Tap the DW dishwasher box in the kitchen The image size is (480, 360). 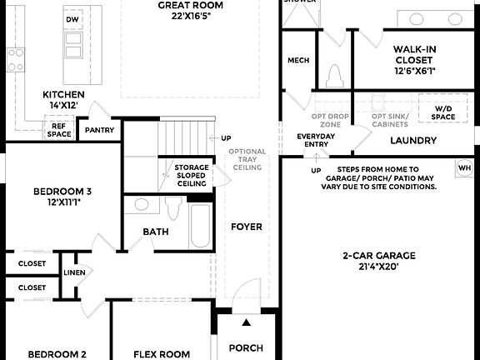click(x=72, y=19)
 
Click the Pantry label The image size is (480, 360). click(x=100, y=130)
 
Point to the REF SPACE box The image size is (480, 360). click(x=59, y=129)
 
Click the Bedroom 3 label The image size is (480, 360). click(x=62, y=197)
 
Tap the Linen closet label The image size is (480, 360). click(x=74, y=272)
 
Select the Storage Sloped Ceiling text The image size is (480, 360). click(x=191, y=176)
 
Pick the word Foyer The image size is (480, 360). click(x=247, y=227)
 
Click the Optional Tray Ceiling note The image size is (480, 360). click(x=247, y=159)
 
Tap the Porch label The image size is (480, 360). click(x=246, y=347)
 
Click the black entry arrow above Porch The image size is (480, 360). click(x=246, y=322)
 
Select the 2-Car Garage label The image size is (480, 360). click(x=379, y=261)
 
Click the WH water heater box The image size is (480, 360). click(x=464, y=169)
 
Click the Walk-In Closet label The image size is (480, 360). click(x=414, y=60)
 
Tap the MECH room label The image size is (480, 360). click(x=298, y=60)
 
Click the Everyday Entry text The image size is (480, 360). click(x=315, y=139)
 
